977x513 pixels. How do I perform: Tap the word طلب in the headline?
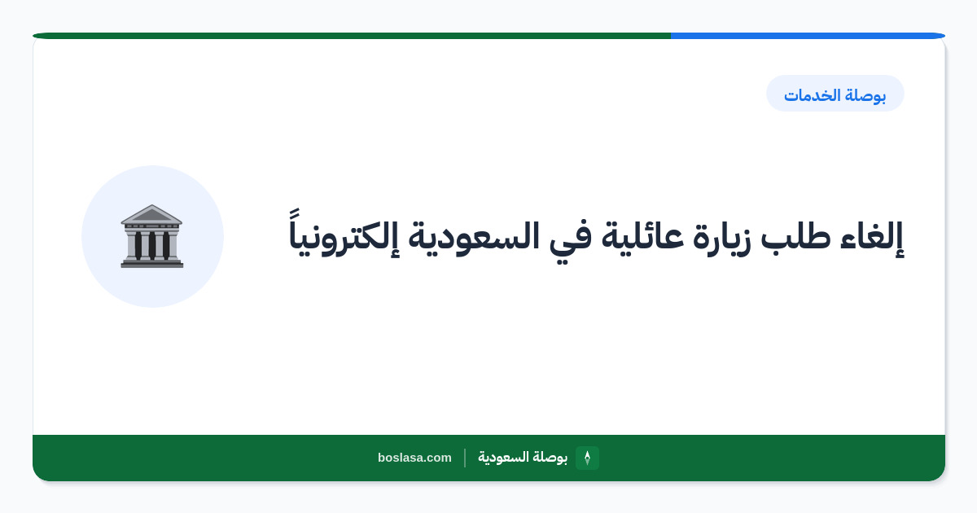(x=796, y=235)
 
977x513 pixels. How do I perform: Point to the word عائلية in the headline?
(x=642, y=235)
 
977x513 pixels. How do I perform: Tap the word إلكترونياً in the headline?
(x=344, y=235)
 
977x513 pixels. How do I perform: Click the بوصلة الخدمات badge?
(x=835, y=94)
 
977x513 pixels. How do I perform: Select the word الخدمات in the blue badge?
(x=813, y=95)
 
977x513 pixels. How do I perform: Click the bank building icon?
(x=151, y=236)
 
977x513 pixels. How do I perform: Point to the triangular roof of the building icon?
(x=151, y=214)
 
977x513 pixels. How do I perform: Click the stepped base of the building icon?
(x=151, y=262)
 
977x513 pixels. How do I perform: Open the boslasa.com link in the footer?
(x=414, y=458)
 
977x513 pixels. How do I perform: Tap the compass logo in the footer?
(x=587, y=458)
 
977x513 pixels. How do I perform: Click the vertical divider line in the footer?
(x=465, y=458)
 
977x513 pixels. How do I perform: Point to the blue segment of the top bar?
(x=808, y=36)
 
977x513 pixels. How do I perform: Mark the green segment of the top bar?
(x=352, y=36)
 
